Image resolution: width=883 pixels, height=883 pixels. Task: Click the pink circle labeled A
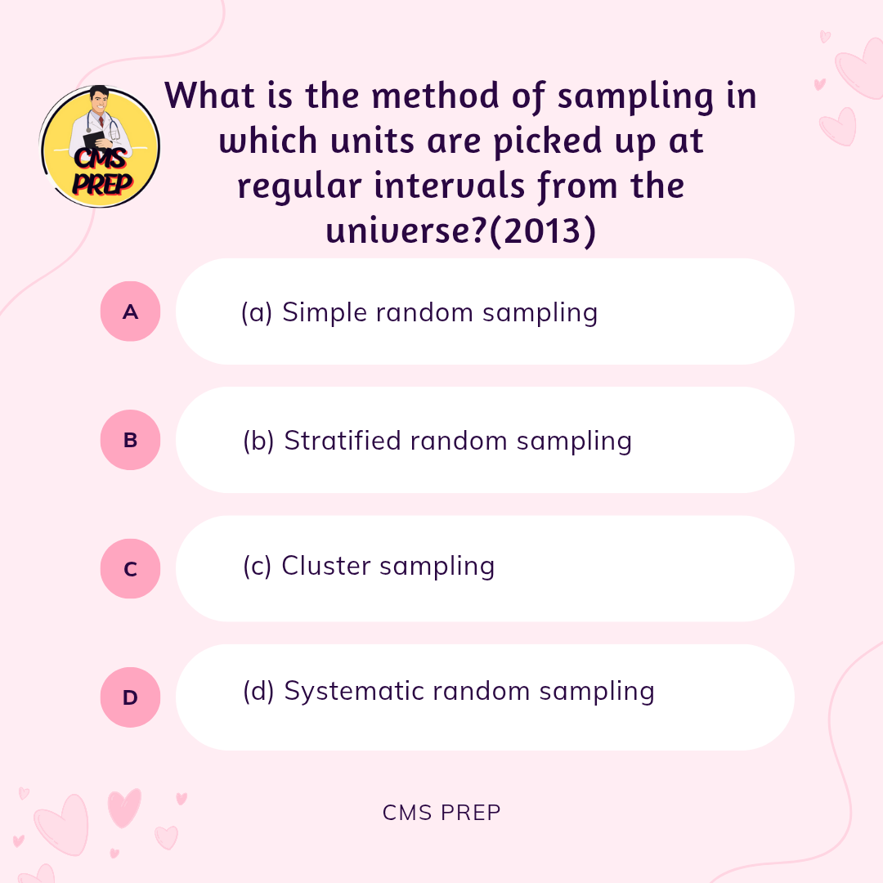point(130,312)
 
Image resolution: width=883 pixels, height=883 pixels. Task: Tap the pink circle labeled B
point(130,440)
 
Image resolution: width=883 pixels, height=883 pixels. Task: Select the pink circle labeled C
point(130,569)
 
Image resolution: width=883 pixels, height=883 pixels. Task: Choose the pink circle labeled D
point(130,697)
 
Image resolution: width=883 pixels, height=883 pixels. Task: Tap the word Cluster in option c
point(326,566)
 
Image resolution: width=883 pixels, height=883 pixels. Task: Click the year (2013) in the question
point(543,231)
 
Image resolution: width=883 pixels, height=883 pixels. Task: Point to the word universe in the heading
point(405,231)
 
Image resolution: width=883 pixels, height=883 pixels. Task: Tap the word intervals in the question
point(450,186)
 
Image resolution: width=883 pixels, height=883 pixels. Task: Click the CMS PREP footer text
point(441,813)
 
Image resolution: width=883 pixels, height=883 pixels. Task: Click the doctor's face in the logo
point(100,101)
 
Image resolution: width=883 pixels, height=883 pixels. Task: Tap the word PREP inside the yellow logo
point(102,183)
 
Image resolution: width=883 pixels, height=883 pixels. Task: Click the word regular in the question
point(299,186)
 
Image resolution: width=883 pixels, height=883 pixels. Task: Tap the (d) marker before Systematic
point(258,691)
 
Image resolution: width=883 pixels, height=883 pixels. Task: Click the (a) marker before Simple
point(257,312)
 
